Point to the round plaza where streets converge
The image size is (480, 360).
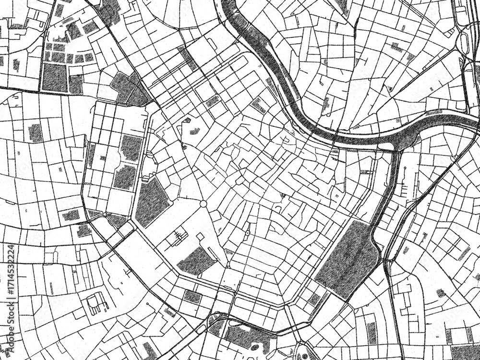coord(203,204)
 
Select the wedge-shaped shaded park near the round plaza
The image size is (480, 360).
coord(152,202)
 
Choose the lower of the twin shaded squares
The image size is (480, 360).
coord(125,177)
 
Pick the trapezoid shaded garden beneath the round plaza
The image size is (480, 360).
coord(197,261)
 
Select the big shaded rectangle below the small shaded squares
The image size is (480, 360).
coord(54,78)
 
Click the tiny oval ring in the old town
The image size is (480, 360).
coord(247,233)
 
